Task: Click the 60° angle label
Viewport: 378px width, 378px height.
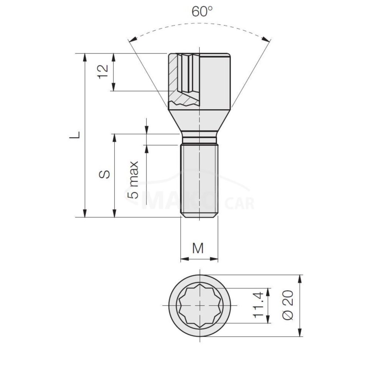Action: [x=202, y=11]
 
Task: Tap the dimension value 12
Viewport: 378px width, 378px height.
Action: [x=103, y=72]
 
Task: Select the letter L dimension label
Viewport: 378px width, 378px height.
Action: [x=75, y=135]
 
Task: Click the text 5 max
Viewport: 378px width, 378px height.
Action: [x=133, y=180]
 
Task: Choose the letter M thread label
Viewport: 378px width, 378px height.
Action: [x=198, y=248]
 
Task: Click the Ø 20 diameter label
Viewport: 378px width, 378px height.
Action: [x=288, y=305]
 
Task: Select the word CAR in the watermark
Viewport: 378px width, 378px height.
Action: [x=239, y=204]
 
